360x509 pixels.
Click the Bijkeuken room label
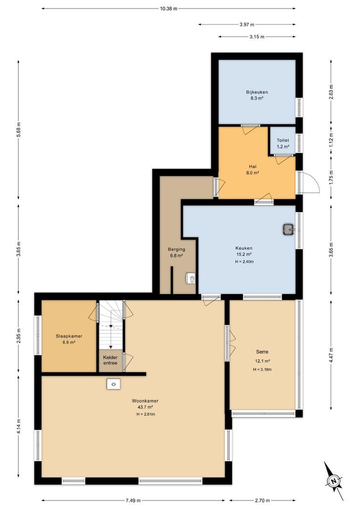(x=257, y=92)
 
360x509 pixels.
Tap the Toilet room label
(x=283, y=140)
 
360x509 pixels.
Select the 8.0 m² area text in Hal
(x=252, y=173)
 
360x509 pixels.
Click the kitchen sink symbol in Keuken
(x=288, y=229)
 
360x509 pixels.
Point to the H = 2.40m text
(x=245, y=261)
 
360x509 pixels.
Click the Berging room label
(x=177, y=249)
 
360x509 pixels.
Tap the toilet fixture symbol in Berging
(x=191, y=279)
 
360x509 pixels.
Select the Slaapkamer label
(x=69, y=336)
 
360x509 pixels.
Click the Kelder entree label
(x=110, y=360)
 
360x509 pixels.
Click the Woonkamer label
(x=145, y=401)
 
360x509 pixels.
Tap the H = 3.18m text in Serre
(x=262, y=369)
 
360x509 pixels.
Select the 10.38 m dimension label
(x=169, y=9)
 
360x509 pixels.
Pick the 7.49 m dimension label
(x=133, y=500)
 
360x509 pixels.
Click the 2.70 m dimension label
(x=262, y=500)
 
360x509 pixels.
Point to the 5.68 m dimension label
(x=18, y=129)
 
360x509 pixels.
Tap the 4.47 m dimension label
(x=331, y=355)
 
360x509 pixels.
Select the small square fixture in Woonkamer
(x=114, y=384)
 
